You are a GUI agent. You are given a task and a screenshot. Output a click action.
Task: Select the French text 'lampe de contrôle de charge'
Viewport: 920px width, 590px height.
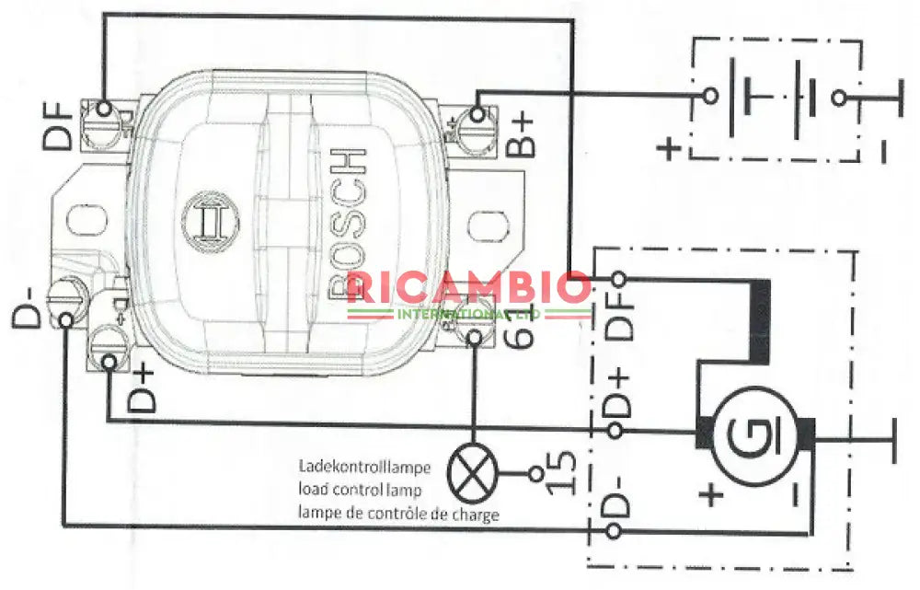397,514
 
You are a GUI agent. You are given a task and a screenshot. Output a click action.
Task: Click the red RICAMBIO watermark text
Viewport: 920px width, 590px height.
469,288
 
